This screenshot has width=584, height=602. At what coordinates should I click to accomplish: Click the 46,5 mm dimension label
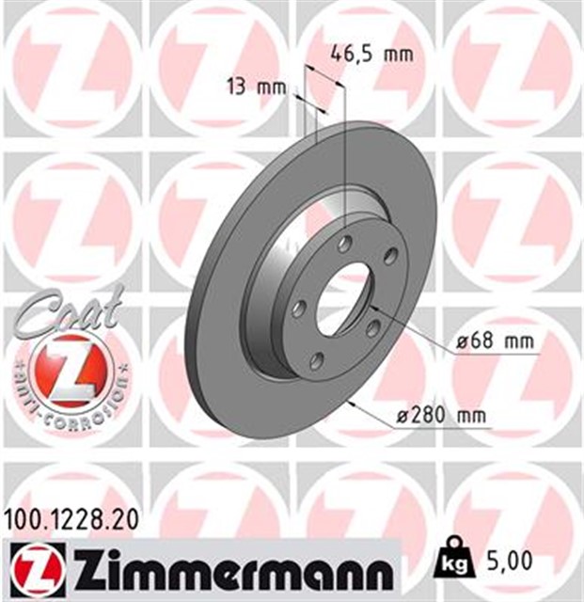[372, 54]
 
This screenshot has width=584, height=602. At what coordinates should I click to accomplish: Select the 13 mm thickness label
[256, 88]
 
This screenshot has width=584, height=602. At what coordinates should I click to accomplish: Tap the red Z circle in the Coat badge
[69, 371]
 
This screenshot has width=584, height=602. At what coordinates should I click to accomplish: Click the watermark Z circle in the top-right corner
[514, 64]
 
